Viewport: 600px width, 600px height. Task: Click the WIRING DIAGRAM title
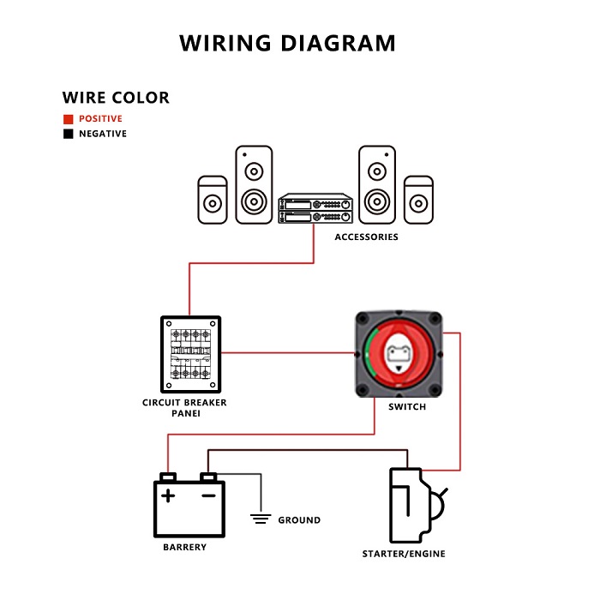tap(288, 43)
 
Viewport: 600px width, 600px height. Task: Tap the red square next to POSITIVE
tap(68, 119)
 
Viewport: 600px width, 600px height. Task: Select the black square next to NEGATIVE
tap(68, 135)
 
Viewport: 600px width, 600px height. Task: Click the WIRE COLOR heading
tap(116, 97)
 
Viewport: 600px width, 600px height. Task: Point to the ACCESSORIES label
tap(366, 237)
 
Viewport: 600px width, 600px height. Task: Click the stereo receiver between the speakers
tap(315, 208)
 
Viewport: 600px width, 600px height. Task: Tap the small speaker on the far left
tap(213, 200)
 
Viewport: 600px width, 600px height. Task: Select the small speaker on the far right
tap(418, 200)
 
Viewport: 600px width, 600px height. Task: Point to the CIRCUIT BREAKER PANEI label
tap(184, 407)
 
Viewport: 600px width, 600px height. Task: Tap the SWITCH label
tap(406, 407)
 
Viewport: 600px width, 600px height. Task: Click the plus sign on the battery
tap(169, 495)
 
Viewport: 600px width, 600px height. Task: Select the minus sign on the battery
tap(208, 495)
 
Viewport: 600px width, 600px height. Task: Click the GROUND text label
tap(299, 520)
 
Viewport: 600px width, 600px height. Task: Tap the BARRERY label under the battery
tap(184, 548)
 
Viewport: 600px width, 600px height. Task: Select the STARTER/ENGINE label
tap(404, 555)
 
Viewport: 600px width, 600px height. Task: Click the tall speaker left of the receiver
tap(254, 184)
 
